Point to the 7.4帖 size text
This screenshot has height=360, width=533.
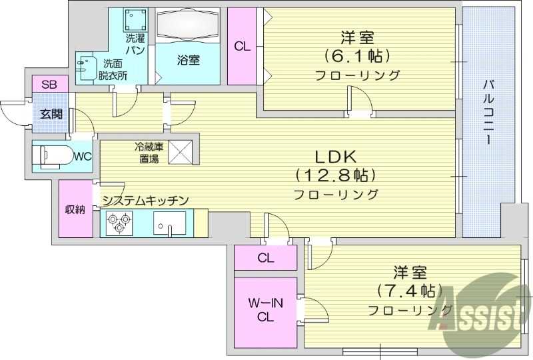point(409,291)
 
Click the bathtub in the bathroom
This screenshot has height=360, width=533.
point(189,26)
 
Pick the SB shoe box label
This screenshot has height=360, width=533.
point(49,85)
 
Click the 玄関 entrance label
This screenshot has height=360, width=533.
point(49,113)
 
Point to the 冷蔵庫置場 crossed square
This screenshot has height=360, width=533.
point(180,153)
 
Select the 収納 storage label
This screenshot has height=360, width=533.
point(75,209)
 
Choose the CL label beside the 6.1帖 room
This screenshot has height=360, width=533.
point(242,47)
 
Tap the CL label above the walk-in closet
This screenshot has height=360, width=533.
point(265,258)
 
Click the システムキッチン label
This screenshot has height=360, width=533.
point(145,200)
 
